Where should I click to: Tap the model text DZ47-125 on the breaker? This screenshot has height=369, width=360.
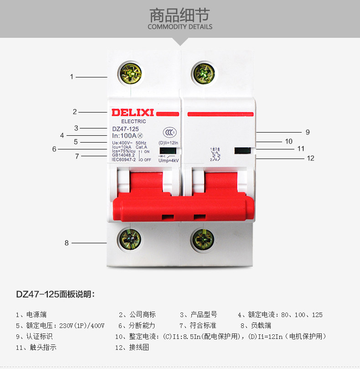(x=126, y=129)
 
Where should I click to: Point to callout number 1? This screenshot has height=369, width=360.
(x=72, y=77)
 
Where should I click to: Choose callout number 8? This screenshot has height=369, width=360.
(x=67, y=243)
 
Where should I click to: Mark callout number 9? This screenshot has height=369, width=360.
(x=308, y=132)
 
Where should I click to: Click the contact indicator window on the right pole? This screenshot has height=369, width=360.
(x=243, y=150)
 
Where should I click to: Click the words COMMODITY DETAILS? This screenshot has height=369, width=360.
(x=180, y=26)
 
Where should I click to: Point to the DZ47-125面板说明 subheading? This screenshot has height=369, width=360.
(x=55, y=294)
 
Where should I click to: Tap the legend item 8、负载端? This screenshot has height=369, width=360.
(x=256, y=326)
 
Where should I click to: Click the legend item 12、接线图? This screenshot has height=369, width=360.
(x=132, y=347)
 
